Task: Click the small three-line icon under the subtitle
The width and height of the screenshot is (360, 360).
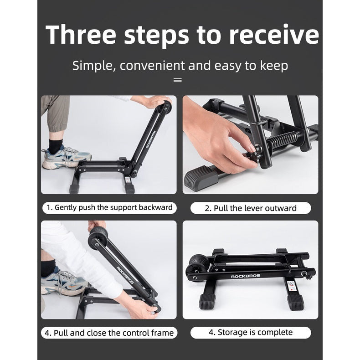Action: (178, 80)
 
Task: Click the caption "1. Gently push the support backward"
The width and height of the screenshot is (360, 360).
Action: (110, 208)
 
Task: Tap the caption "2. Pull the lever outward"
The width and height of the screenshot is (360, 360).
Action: (250, 208)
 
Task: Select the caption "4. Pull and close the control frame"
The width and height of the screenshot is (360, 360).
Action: (109, 333)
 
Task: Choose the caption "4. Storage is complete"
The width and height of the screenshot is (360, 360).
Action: (250, 332)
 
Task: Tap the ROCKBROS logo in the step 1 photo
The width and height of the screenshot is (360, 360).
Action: (149, 137)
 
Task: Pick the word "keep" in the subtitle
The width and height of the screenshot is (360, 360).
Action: (273, 66)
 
